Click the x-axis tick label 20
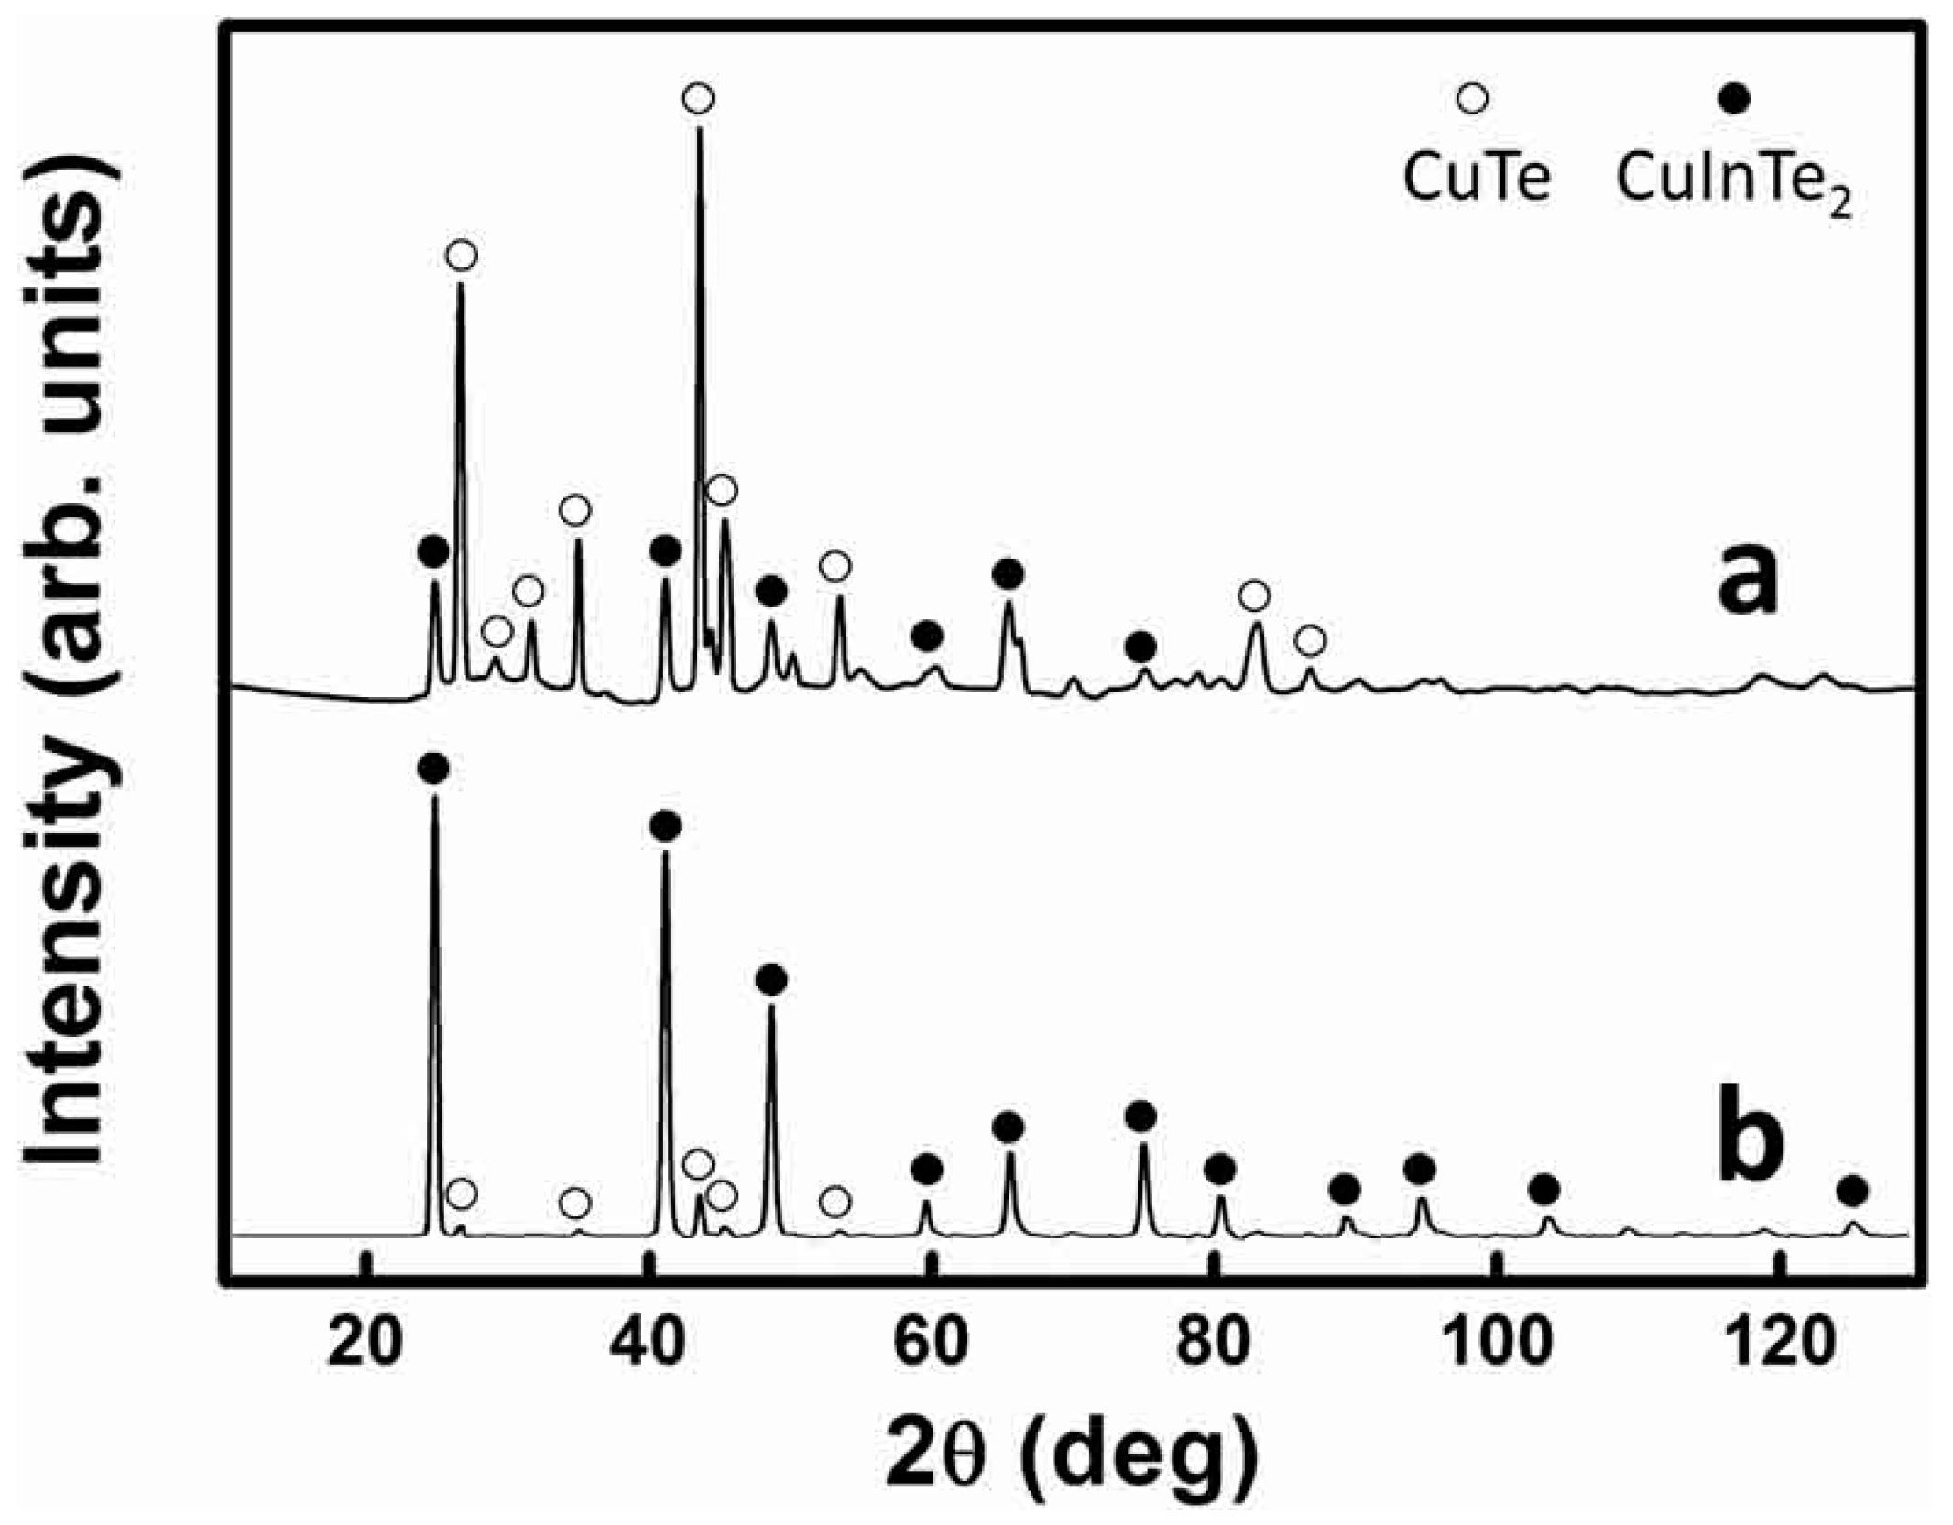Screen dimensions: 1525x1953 tap(365, 1342)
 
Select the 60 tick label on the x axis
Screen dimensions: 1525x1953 tap(930, 1342)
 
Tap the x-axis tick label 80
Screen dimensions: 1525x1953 tap(1212, 1342)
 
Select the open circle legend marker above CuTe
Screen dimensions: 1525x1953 tap(1471, 98)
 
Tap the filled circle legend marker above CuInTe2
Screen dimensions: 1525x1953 tap(1733, 98)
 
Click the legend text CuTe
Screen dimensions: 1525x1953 tap(1476, 178)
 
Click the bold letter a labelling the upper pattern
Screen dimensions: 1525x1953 tap(1746, 580)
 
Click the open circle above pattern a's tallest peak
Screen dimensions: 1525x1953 tap(698, 98)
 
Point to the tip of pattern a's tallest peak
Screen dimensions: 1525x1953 tap(700, 128)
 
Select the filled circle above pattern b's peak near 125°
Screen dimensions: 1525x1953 tap(1852, 1192)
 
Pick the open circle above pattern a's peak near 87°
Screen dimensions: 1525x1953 tap(1311, 641)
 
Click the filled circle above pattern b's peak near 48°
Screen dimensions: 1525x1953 tap(771, 980)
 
